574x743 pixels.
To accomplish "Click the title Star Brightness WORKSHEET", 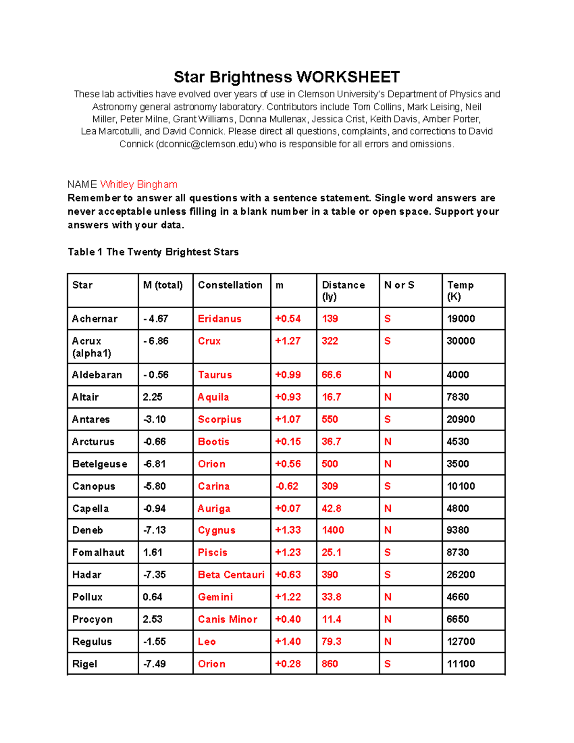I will click(287, 77).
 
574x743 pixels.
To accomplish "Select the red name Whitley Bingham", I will click(139, 185).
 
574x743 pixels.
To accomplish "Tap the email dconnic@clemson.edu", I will click(207, 144).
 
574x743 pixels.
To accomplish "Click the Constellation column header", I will click(230, 285).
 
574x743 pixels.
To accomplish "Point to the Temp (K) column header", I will click(460, 290).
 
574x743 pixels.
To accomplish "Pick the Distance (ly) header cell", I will click(343, 290).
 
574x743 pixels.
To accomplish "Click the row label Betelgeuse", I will click(99, 464).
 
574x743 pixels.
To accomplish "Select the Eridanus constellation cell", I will click(220, 319).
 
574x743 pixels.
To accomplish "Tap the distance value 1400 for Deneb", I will click(333, 530).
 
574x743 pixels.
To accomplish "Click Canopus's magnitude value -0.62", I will click(287, 486).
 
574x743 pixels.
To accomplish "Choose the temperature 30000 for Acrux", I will click(461, 341).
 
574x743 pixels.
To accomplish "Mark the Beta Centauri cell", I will click(231, 575).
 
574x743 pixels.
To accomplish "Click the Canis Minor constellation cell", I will click(228, 619).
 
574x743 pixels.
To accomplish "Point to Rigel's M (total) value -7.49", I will click(155, 664).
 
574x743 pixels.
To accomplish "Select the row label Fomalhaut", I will click(98, 553).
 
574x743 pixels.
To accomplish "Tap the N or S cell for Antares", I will click(387, 420).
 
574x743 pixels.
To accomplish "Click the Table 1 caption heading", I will click(153, 252).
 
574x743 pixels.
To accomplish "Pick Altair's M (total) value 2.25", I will click(153, 397).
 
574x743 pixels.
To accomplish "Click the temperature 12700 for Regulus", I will click(461, 642).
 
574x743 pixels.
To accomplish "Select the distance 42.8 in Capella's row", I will click(331, 509).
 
